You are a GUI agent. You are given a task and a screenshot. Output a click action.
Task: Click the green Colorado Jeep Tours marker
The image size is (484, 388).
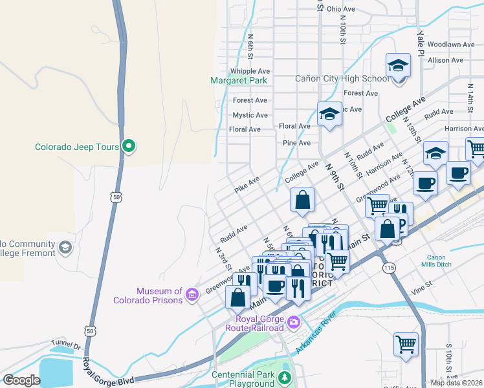(x=129, y=147)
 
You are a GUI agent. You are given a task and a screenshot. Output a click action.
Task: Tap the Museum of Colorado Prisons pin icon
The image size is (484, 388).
(x=191, y=296)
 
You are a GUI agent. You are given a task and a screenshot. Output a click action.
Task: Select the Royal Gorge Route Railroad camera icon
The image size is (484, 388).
(x=294, y=321)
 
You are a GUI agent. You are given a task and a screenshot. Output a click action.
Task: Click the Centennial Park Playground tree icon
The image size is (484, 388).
(x=284, y=377)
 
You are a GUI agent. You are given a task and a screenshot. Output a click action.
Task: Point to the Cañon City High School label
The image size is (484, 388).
(x=342, y=79)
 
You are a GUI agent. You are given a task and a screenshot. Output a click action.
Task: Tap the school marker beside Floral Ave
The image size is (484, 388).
(x=329, y=114)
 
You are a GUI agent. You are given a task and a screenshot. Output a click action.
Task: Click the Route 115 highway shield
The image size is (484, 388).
(x=389, y=267)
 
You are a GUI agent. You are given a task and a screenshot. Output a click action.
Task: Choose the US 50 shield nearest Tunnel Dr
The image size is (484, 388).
(x=89, y=330)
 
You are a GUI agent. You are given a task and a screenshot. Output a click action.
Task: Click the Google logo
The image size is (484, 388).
(x=21, y=380)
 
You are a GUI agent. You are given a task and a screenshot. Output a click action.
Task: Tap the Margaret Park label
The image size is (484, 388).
(x=239, y=81)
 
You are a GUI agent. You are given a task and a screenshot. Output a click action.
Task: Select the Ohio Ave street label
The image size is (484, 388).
(x=341, y=9)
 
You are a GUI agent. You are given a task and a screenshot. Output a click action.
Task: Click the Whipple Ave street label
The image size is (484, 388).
(x=250, y=71)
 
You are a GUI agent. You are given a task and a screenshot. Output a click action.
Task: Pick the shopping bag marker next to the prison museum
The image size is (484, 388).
(x=238, y=297)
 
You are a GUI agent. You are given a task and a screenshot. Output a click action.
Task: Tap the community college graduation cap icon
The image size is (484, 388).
(x=65, y=248)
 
